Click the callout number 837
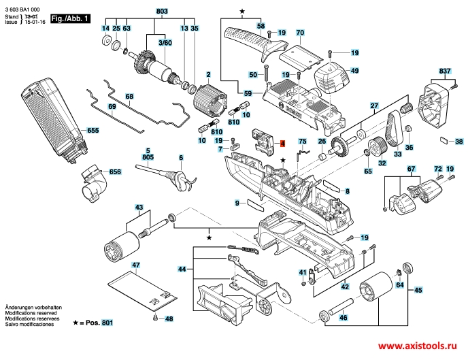(x=445, y=71)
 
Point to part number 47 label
(x=136, y=264)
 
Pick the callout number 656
(x=115, y=172)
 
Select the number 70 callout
(x=299, y=33)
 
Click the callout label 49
(x=354, y=71)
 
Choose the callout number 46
(x=344, y=318)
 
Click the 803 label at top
(x=161, y=12)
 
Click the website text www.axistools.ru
(x=420, y=344)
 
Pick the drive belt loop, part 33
(x=394, y=126)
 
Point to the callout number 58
(x=261, y=26)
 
